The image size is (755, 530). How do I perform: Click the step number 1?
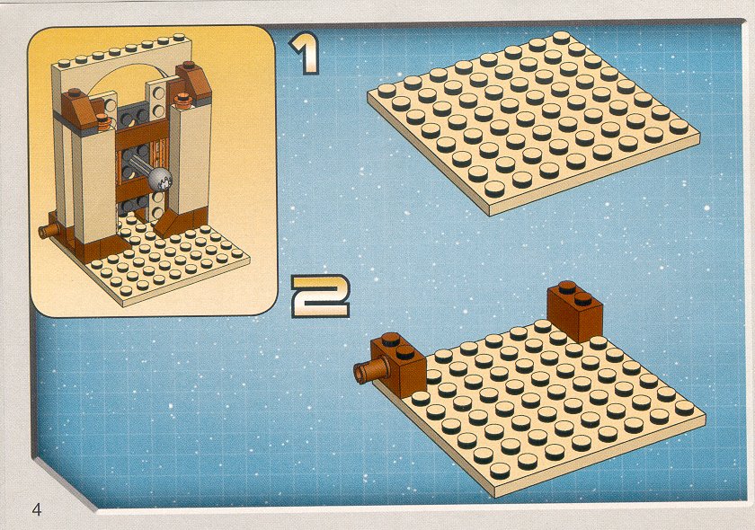305,55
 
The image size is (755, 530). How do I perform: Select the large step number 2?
320,296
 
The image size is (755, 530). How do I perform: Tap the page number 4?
37,509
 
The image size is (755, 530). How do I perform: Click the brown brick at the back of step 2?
575,311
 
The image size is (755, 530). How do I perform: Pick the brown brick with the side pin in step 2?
398,365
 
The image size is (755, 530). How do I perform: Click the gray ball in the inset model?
160,179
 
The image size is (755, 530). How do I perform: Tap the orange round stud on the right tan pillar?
182,102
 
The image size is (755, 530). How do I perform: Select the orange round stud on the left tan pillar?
102,122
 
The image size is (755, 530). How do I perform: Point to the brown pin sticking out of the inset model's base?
49,231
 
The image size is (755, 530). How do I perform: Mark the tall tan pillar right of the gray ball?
190,163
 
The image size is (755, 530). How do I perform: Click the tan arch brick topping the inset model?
120,67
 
